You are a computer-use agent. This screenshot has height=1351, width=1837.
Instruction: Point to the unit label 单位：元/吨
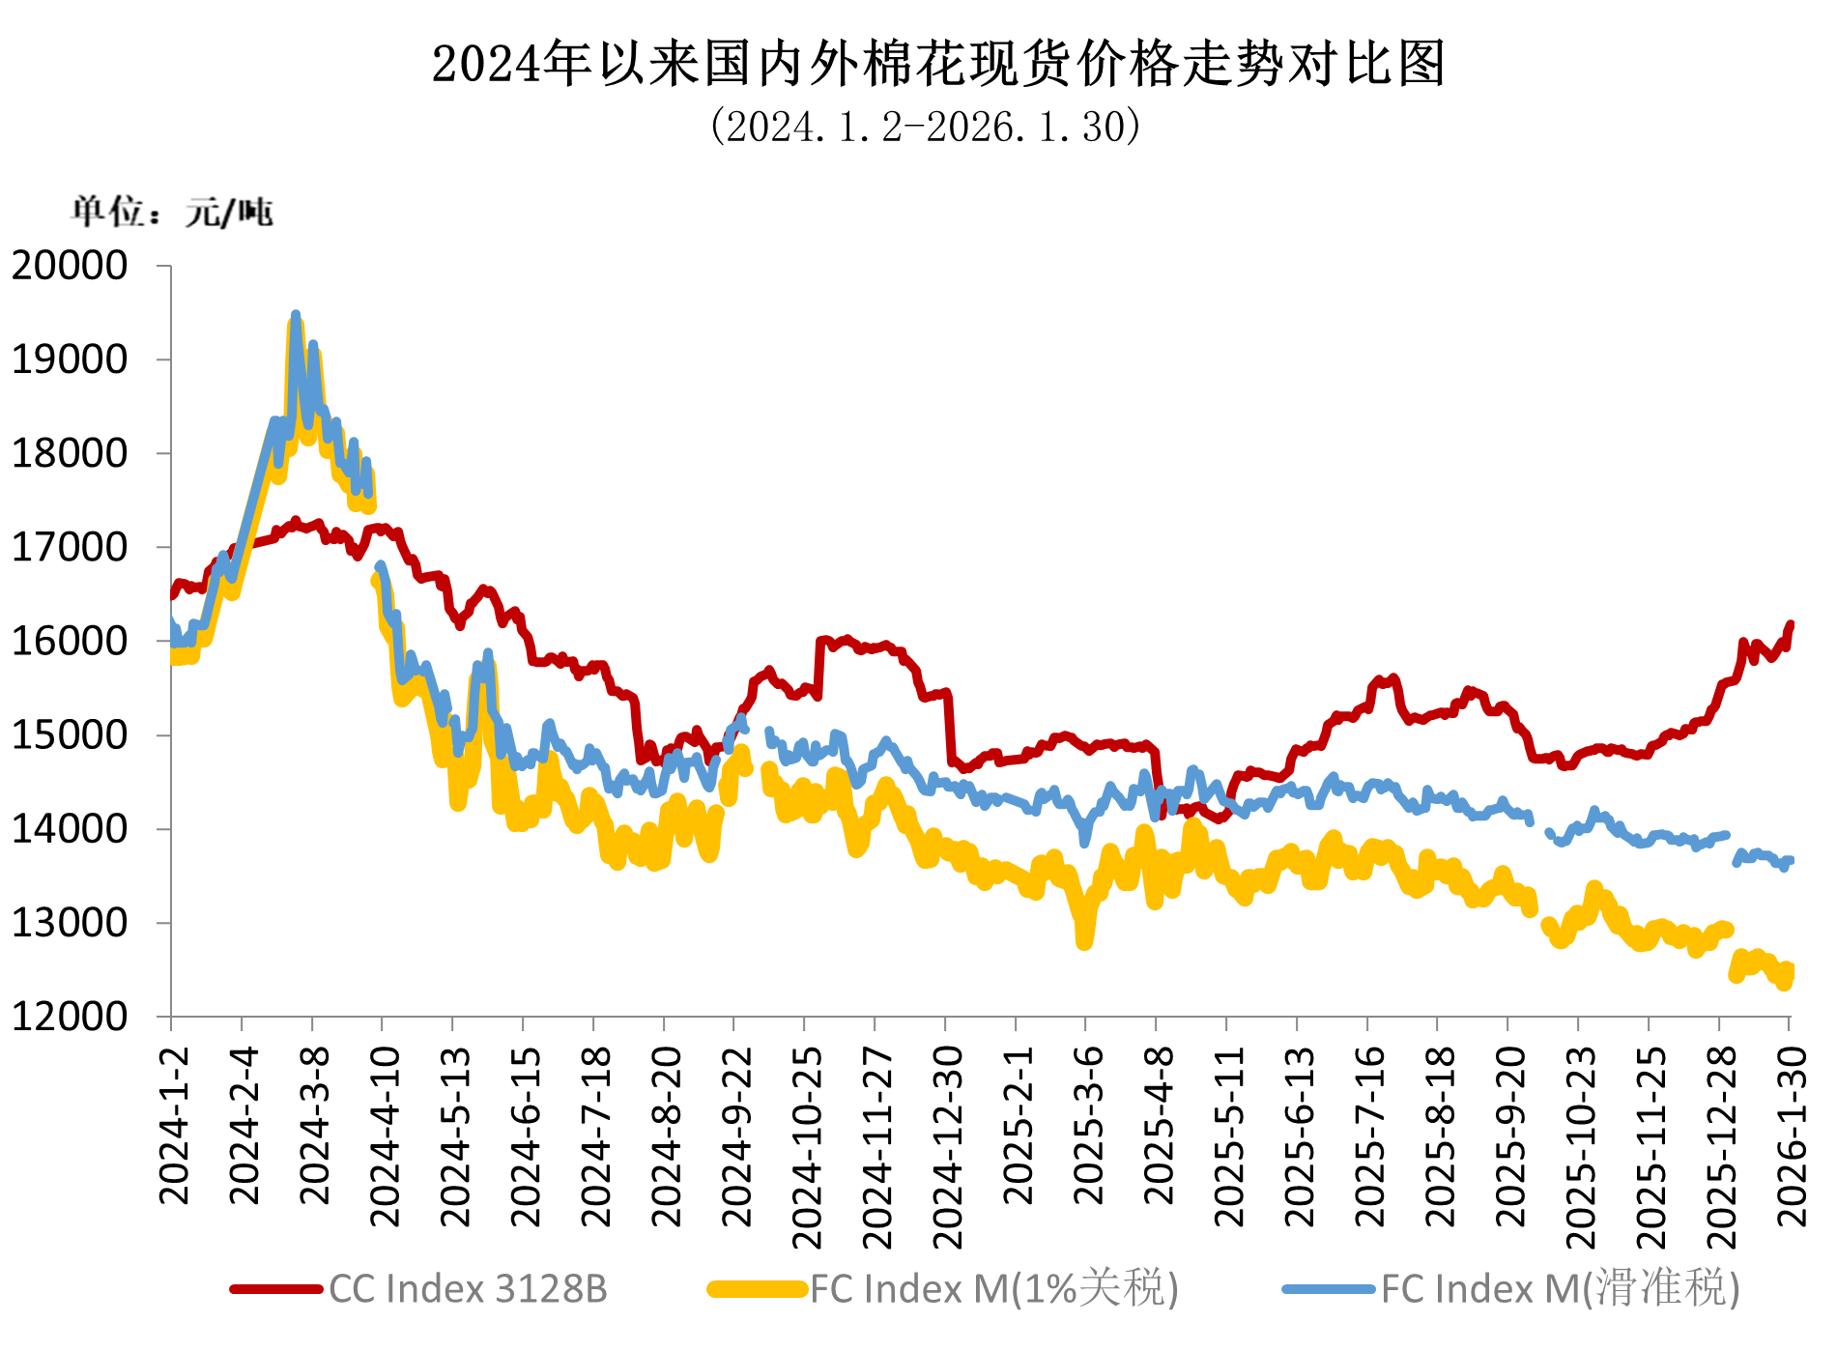click(x=172, y=212)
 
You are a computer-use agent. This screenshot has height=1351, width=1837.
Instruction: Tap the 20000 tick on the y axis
click(x=70, y=266)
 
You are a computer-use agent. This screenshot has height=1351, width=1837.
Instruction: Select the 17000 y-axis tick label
click(x=70, y=548)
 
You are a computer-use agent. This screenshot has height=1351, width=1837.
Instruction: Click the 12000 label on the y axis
click(x=70, y=1017)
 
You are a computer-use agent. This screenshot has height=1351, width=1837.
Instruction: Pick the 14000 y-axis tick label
click(x=70, y=829)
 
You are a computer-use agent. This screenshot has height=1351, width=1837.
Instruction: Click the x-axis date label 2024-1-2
click(x=175, y=1126)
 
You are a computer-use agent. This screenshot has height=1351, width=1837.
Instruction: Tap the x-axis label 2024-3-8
click(x=315, y=1126)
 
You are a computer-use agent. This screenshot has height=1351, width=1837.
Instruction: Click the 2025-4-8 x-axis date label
click(x=1159, y=1126)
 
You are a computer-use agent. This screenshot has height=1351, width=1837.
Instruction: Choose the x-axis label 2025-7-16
click(x=1369, y=1136)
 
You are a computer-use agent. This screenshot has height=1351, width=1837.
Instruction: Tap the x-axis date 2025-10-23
click(x=1581, y=1147)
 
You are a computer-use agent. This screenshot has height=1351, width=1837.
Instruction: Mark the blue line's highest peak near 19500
click(x=296, y=315)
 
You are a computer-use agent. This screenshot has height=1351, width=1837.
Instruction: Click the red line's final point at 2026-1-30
click(x=1791, y=624)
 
